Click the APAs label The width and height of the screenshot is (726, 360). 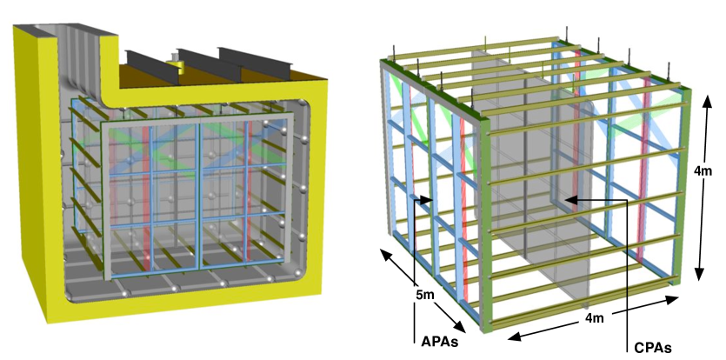pos(439,342)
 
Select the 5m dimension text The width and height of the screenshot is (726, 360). pos(424,295)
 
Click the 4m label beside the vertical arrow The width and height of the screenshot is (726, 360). pos(703,170)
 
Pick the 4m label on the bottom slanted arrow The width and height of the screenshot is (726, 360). pos(594,318)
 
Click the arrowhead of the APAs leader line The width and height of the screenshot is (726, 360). pos(427,200)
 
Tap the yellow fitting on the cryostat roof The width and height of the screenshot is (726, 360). pos(177,65)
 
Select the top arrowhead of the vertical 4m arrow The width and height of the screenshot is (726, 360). pos(707,102)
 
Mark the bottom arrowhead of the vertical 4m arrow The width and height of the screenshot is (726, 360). pos(700,273)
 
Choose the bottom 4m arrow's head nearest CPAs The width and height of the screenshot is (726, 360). pos(672,299)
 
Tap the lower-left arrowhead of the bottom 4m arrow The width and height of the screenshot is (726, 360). pos(515,337)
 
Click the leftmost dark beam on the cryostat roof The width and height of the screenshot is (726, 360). pos(150,65)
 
